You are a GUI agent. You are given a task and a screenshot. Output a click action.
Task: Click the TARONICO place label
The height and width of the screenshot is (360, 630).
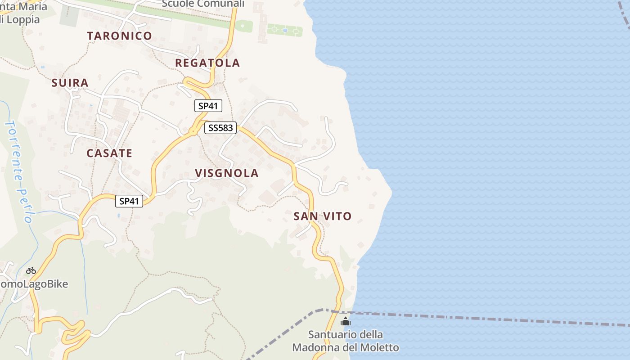pos(119,36)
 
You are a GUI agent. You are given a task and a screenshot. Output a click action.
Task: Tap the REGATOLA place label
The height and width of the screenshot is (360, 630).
pos(207,63)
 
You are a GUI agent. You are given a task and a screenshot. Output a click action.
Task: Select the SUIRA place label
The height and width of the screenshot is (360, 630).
pos(70,83)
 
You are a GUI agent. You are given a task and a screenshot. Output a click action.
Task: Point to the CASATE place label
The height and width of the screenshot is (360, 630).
pos(109,153)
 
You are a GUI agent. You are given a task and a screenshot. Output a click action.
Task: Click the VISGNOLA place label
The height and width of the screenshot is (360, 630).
pos(227,173)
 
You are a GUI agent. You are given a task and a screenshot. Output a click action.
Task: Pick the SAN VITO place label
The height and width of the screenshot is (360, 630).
pos(322,216)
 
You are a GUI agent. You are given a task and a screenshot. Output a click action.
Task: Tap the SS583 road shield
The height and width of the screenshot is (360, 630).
pos(220,128)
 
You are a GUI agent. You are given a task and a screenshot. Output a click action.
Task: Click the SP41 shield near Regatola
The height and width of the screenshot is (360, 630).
pos(208,106)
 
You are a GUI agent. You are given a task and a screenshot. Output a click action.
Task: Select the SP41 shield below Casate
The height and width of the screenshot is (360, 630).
pos(130,201)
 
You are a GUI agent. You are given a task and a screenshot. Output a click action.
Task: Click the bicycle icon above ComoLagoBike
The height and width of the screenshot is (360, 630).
pos(31,270)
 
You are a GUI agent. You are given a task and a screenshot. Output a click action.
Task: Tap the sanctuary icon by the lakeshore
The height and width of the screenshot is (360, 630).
pos(346,321)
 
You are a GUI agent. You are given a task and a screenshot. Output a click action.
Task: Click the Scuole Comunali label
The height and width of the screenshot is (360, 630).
pos(203,4)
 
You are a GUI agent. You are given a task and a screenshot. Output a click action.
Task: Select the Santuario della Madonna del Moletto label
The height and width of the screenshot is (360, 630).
pos(346,341)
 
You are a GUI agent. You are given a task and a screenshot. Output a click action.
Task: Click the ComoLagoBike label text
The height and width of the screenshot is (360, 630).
pos(34,284)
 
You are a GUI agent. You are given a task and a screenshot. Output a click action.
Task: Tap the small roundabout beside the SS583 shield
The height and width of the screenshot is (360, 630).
pos(193,131)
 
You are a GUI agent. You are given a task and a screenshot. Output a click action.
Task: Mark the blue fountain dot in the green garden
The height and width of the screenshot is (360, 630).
pos(285,31)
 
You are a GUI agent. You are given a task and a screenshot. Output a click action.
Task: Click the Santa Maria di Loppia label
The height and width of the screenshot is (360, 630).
pos(22,13)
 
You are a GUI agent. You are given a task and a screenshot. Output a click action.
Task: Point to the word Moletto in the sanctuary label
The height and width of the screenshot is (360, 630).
pos(377,348)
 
